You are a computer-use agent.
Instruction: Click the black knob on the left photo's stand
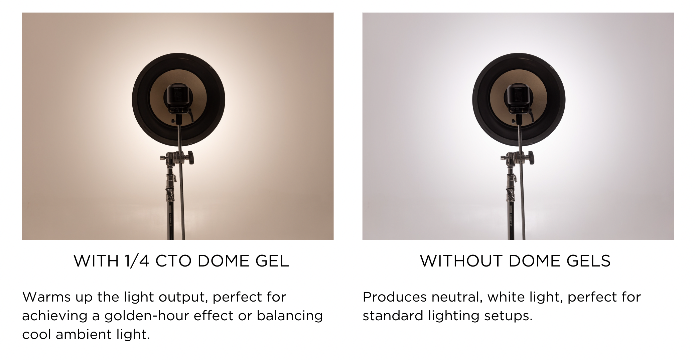(x=190, y=157)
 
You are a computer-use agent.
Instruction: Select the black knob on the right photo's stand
(x=531, y=157)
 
